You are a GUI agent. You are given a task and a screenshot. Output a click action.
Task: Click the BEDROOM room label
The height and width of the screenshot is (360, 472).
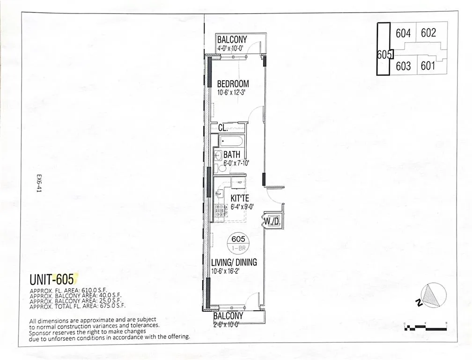click(x=233, y=84)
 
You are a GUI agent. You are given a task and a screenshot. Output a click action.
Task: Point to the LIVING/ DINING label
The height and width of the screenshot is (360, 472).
click(x=234, y=262)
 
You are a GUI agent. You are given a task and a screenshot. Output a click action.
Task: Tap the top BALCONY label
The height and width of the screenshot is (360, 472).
click(x=232, y=39)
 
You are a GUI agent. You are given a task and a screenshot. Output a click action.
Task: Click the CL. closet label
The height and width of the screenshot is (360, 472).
click(x=223, y=127)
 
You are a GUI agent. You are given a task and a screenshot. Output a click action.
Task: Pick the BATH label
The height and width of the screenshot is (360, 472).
click(x=232, y=155)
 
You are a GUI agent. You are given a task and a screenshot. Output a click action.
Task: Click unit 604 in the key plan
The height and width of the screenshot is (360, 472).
click(x=403, y=33)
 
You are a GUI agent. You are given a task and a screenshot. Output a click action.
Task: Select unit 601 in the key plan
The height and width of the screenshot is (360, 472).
click(x=428, y=66)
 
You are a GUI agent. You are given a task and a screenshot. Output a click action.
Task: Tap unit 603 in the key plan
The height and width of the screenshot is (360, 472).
click(x=403, y=66)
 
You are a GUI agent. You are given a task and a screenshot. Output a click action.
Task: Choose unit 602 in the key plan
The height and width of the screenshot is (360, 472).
click(x=428, y=33)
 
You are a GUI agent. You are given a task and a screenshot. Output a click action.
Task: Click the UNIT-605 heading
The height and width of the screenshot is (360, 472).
click(x=52, y=280)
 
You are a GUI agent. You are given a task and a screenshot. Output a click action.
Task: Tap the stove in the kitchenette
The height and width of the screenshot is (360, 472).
click(x=219, y=212)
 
